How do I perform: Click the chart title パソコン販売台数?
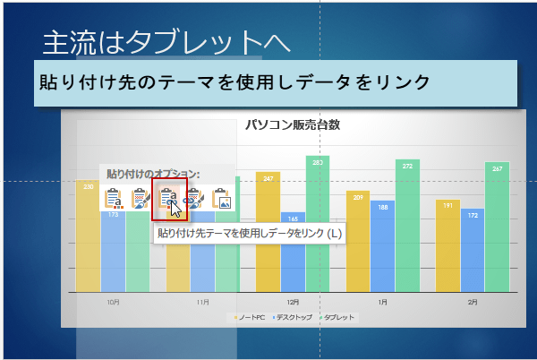[293, 125]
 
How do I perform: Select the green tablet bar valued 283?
[318, 224]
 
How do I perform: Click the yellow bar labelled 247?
[268, 232]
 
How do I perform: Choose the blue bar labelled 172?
[472, 250]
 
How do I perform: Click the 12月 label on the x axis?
[293, 303]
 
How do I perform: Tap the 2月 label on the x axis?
[472, 303]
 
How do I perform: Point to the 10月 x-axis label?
[114, 303]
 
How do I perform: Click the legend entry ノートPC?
[252, 318]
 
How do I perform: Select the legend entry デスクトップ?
[295, 318]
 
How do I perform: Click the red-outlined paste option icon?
[168, 197]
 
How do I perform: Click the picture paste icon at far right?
[222, 198]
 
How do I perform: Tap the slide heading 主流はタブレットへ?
[167, 41]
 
